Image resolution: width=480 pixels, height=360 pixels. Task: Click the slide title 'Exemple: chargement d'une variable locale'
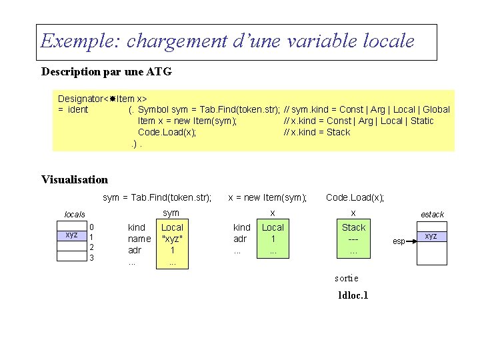click(x=227, y=41)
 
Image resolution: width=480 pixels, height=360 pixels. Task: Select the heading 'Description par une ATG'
click(x=107, y=71)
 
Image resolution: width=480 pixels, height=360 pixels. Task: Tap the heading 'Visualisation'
click(x=75, y=179)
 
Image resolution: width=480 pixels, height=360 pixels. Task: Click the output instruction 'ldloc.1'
click(x=353, y=295)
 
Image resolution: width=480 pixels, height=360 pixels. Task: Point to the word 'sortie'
click(x=346, y=278)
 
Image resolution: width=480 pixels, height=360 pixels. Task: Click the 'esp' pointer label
click(x=399, y=241)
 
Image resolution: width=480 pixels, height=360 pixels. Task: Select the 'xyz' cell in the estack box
click(x=431, y=237)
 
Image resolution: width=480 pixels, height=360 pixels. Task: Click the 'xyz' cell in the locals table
click(x=71, y=235)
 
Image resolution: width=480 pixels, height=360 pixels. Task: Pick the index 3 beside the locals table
click(x=92, y=258)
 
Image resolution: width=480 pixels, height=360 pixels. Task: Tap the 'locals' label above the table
click(x=75, y=215)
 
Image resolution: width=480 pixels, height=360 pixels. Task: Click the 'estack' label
click(x=432, y=215)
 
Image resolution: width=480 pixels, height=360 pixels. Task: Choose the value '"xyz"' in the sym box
click(x=172, y=239)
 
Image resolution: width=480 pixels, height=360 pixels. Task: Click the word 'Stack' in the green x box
click(x=353, y=227)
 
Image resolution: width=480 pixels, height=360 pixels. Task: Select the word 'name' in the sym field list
click(x=139, y=239)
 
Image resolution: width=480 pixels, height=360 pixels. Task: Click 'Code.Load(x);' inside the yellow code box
click(x=167, y=132)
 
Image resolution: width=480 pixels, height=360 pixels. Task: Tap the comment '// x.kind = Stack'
click(x=317, y=132)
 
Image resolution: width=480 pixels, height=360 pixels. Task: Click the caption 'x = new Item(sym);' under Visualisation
click(x=267, y=197)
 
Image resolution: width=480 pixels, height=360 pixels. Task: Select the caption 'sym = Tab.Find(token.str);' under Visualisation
click(x=157, y=197)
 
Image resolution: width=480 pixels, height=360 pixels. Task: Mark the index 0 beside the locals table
click(x=92, y=227)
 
